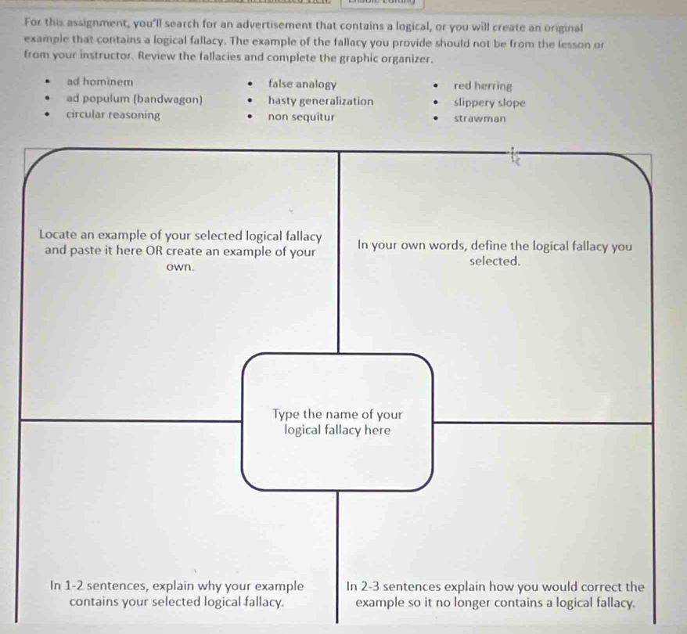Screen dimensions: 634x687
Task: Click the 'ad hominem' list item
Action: pos(99,81)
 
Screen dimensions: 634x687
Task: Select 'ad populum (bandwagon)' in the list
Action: pos(134,99)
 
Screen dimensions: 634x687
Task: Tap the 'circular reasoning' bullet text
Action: pos(113,115)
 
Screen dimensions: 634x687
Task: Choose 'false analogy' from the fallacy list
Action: pos(302,84)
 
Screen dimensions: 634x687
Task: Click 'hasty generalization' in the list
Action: pos(320,101)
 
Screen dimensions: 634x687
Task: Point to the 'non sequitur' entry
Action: pos(301,117)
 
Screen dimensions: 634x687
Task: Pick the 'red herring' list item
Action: pos(483,86)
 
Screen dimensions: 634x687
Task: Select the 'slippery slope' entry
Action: pos(489,103)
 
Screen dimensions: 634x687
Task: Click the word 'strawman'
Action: pos(479,119)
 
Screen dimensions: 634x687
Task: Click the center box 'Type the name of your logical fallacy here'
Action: pos(337,423)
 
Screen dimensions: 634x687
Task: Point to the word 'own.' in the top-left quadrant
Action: pos(180,267)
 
